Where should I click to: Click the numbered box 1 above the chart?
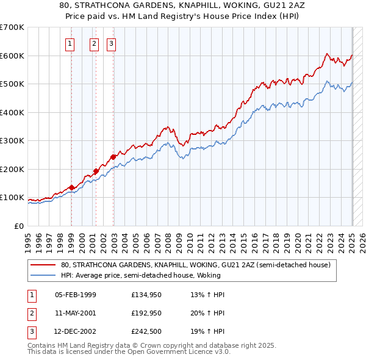[70, 43]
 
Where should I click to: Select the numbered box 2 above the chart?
[95, 43]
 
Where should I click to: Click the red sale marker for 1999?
[71, 187]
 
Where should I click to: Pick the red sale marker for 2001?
[96, 171]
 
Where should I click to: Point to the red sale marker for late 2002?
[113, 157]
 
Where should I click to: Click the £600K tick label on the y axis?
[12, 56]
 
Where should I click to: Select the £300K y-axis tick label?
[12, 141]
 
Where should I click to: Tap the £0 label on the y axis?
[18, 226]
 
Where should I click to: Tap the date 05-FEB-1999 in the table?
[76, 295]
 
